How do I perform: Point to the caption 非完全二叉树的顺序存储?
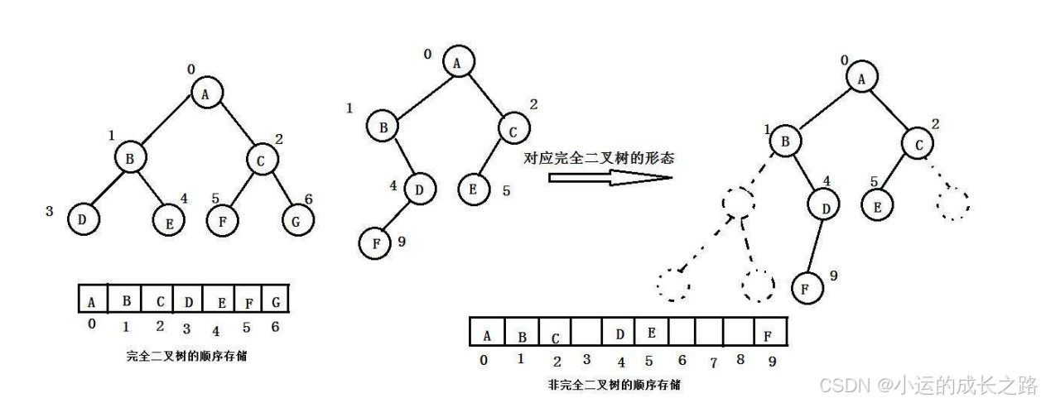[614, 385]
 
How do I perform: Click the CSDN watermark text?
[927, 384]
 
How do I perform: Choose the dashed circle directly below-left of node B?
[740, 202]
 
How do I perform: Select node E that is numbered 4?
[168, 221]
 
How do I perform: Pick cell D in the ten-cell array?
[619, 334]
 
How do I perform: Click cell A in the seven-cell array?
[92, 299]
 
